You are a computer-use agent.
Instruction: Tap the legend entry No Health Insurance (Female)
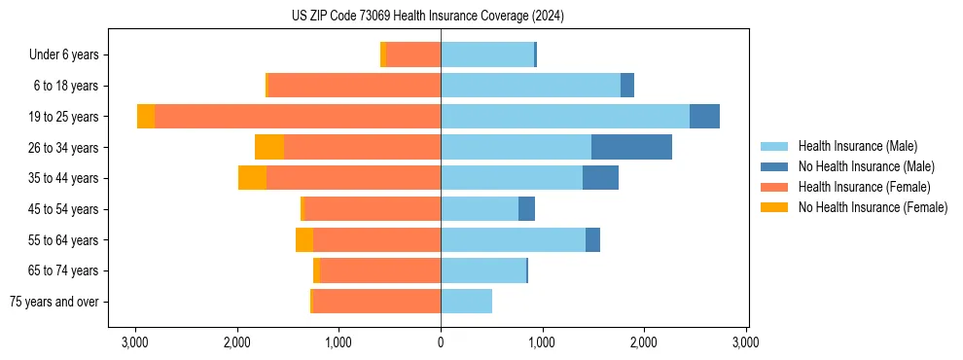873,207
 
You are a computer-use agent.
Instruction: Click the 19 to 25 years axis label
65,117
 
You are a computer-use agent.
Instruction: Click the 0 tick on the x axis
441,342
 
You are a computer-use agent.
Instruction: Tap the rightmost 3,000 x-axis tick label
745,342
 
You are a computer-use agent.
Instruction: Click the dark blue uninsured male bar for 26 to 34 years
631,147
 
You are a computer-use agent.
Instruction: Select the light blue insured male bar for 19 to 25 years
565,117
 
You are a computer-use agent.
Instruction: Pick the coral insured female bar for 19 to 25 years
298,117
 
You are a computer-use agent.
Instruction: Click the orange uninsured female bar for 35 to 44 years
252,178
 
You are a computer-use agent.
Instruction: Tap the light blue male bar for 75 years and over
466,302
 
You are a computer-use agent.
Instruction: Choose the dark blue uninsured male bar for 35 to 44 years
600,178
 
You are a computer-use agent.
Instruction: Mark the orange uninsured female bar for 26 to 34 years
269,147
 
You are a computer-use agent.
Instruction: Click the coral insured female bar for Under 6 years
413,55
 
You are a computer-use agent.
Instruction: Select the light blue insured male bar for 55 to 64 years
513,240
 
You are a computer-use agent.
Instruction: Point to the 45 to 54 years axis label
65,209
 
